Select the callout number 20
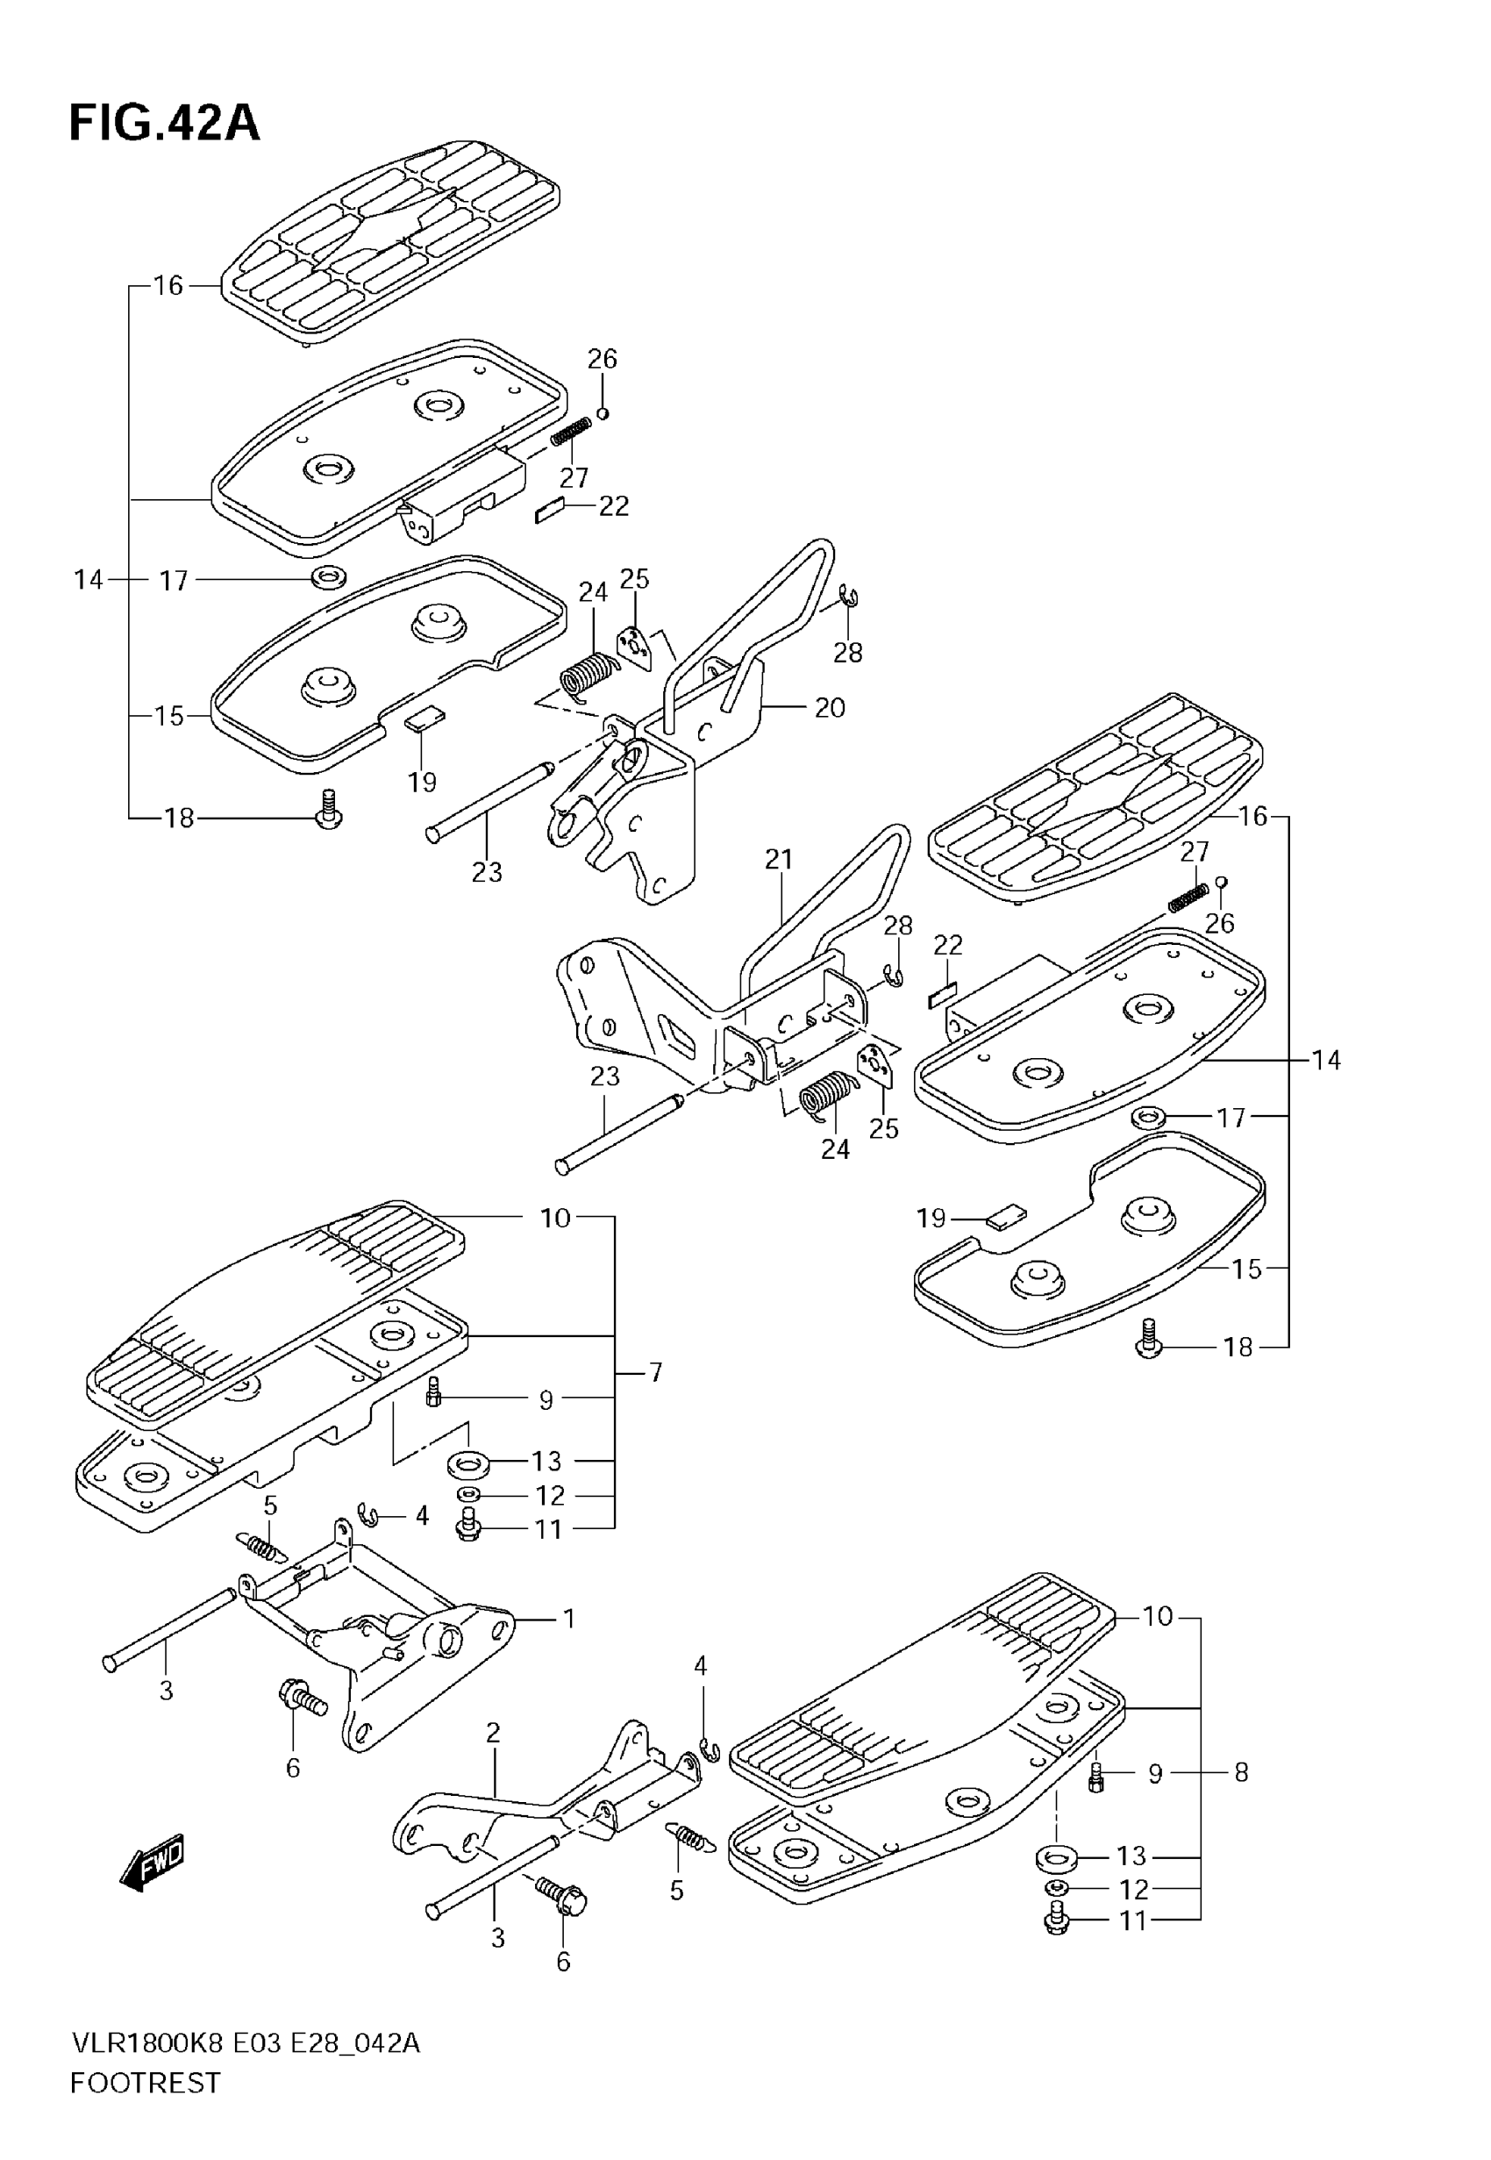(829, 707)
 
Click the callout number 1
(569, 1618)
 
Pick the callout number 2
(493, 1733)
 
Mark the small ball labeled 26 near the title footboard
(603, 412)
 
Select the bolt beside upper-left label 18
(329, 809)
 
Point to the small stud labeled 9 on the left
(432, 1391)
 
